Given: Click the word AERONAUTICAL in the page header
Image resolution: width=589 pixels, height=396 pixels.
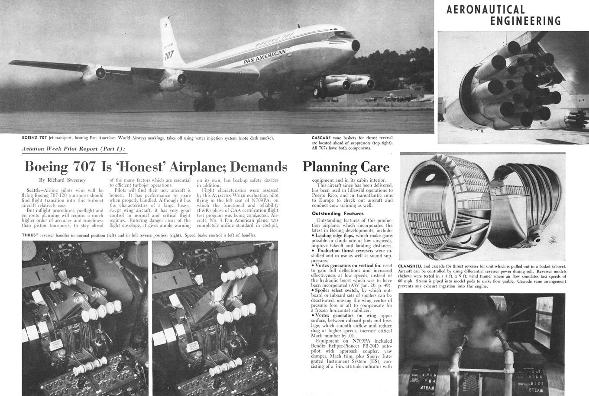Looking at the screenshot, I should [x=485, y=9].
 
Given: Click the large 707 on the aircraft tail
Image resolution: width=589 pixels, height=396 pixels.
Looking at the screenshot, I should [x=169, y=55].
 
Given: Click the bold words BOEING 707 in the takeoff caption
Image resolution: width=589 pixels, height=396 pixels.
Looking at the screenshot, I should [x=34, y=138].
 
